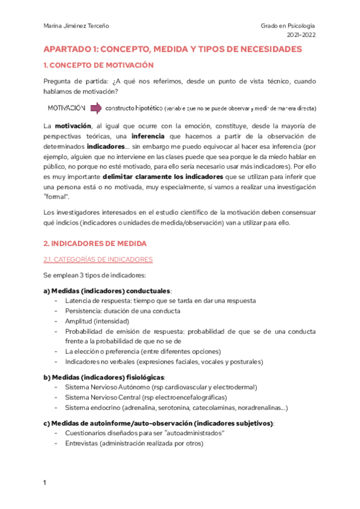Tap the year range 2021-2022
coord(299,35)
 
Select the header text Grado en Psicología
coord(287,26)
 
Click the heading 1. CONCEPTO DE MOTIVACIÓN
coord(98,65)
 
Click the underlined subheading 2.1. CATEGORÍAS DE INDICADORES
coord(98,259)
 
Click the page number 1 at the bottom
coord(45,483)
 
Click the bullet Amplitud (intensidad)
coord(95,321)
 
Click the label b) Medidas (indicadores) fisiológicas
coord(104,377)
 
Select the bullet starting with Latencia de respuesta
coord(160,301)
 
